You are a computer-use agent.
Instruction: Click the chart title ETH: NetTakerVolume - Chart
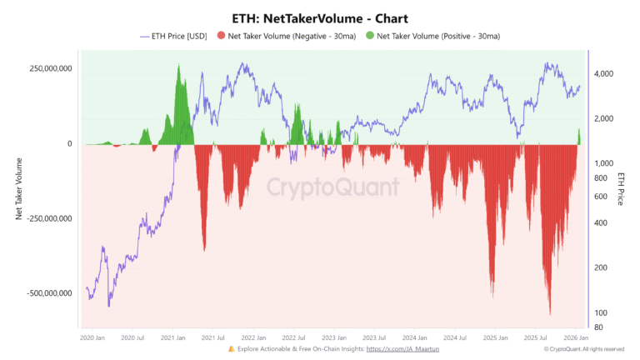(319, 17)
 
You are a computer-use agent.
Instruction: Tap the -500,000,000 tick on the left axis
(47, 293)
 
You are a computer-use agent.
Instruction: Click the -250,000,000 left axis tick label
(47, 219)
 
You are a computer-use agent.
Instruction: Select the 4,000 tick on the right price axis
(604, 74)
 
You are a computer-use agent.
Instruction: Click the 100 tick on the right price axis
(599, 312)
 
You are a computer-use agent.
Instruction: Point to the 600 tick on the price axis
(599, 197)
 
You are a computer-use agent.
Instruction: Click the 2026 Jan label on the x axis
(577, 337)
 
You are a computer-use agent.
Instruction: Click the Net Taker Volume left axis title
(18, 188)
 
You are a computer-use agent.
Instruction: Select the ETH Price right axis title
(621, 189)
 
